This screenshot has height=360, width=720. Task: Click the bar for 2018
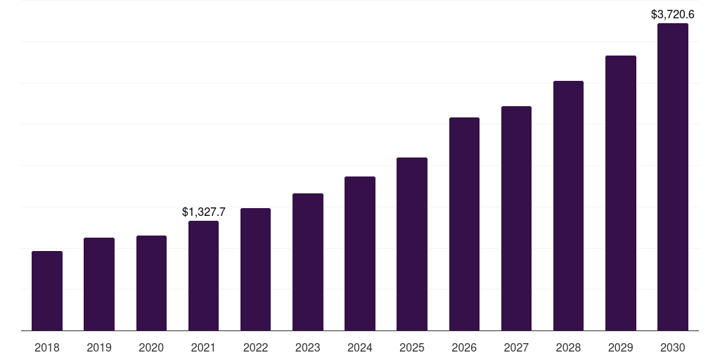click(x=47, y=290)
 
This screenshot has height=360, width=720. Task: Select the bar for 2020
click(x=151, y=283)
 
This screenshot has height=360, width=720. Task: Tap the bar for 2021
click(x=203, y=276)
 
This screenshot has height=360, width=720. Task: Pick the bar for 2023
click(x=308, y=262)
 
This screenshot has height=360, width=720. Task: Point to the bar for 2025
click(x=412, y=244)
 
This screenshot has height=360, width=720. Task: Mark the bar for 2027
click(x=516, y=218)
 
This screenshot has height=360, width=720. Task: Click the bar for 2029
click(x=621, y=193)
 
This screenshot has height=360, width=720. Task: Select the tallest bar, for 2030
click(x=673, y=176)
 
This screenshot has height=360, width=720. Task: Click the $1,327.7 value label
click(x=203, y=212)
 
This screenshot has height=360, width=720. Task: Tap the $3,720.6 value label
click(x=673, y=14)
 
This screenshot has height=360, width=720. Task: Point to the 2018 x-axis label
click(x=47, y=347)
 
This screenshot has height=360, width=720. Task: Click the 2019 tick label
click(x=99, y=347)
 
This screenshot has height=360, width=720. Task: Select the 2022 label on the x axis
click(x=255, y=347)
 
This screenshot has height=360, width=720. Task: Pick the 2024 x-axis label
click(x=360, y=347)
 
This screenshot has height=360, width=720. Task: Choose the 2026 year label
click(x=464, y=347)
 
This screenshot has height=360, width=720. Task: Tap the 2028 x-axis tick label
click(x=568, y=347)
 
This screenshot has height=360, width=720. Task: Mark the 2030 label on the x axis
click(x=673, y=347)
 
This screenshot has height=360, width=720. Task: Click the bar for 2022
click(x=255, y=269)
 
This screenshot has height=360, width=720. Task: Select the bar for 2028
click(x=568, y=205)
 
